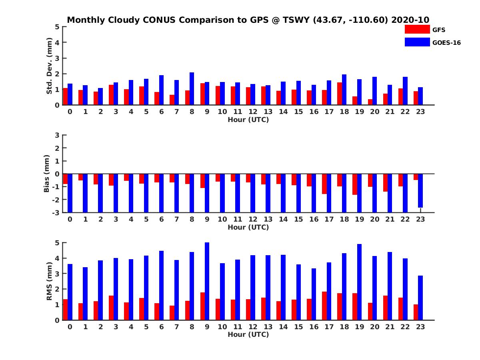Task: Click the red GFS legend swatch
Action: click(417, 30)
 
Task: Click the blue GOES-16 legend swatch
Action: click(417, 42)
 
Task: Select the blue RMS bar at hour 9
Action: click(207, 281)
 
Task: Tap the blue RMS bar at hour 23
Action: click(420, 298)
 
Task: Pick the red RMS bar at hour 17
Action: click(324, 306)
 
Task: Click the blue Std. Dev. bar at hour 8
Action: click(192, 88)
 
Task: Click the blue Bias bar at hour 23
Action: click(420, 191)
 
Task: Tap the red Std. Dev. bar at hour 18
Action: click(340, 94)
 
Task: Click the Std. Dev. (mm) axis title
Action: click(49, 66)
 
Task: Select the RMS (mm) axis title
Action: click(49, 281)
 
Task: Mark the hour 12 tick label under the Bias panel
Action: click(253, 219)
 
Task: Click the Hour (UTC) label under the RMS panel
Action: click(248, 334)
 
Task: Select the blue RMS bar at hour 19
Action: click(359, 282)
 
